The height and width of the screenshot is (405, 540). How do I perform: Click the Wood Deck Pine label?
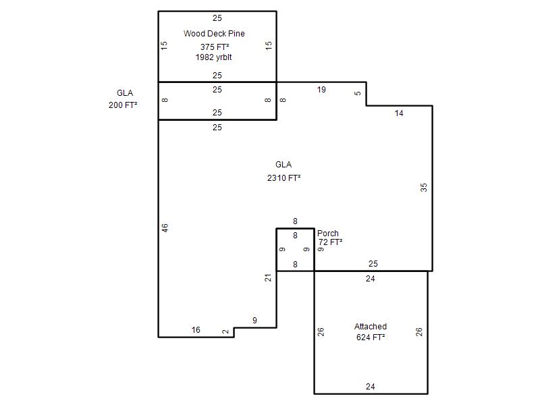coord(214,33)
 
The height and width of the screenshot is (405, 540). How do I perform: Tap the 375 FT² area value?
coord(215,47)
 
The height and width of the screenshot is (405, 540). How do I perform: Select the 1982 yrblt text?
coord(213,57)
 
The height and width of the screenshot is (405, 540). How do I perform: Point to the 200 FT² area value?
coord(123,105)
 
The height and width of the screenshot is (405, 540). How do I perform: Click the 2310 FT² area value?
coord(283,178)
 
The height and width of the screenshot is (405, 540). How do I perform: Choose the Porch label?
coord(328,233)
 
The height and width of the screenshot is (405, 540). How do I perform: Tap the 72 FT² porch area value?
coord(330,242)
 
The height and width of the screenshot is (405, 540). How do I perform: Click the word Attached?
coord(371,327)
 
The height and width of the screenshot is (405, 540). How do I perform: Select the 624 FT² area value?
coord(371,337)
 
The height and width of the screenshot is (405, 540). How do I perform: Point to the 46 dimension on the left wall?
coord(165,228)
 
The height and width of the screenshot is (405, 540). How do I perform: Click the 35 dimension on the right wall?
coord(424,188)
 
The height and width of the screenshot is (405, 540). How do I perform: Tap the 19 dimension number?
coord(321,90)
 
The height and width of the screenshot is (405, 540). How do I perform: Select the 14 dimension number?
coord(399,113)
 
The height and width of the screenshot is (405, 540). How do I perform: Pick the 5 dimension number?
coord(358,93)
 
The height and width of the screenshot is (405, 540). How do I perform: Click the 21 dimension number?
coord(268,277)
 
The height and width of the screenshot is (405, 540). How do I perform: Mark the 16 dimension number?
coord(196,330)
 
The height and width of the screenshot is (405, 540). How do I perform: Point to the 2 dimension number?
coord(225,331)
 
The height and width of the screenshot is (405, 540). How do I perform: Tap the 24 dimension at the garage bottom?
coord(370,386)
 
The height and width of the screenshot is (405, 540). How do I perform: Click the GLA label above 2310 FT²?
coord(283,164)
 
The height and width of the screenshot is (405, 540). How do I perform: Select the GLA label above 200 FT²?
coord(125,93)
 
